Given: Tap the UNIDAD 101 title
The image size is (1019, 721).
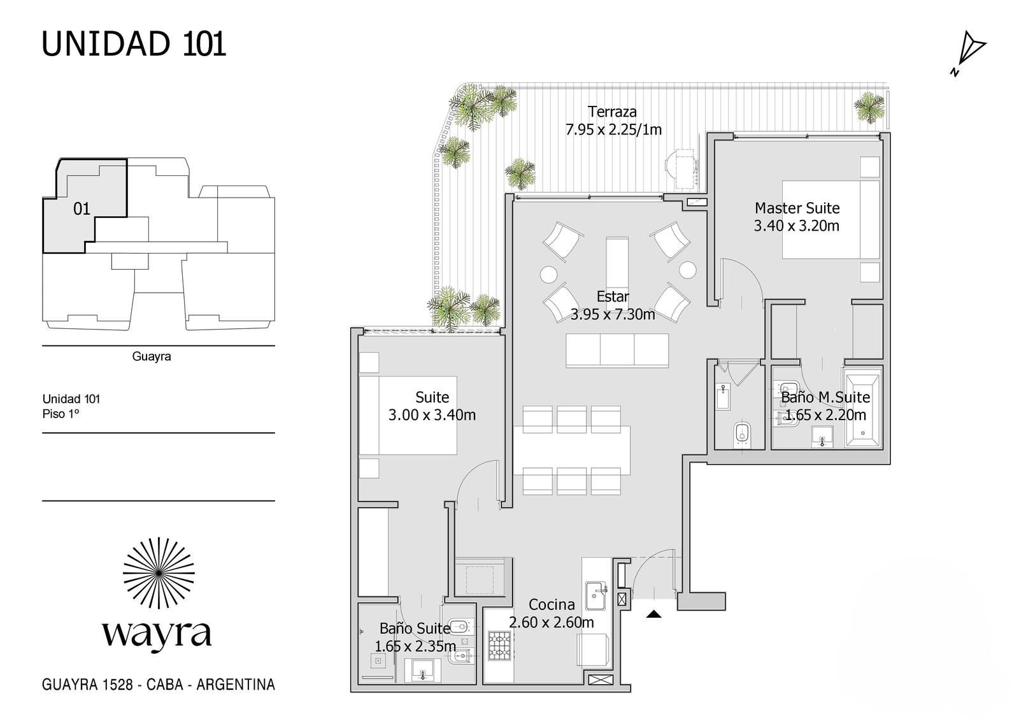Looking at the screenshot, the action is click(x=134, y=44).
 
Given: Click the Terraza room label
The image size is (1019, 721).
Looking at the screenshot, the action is click(x=612, y=112).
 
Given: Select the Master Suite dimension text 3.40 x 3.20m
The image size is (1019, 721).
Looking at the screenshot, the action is click(x=797, y=226).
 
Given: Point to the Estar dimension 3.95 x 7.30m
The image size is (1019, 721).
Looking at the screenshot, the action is click(x=613, y=314).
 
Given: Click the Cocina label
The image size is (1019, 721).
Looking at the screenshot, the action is click(x=552, y=604).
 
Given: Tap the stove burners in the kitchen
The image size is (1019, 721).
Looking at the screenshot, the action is click(x=501, y=645).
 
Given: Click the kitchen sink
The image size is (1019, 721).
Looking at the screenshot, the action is click(x=595, y=595).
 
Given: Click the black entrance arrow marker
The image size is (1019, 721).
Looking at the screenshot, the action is click(x=653, y=614).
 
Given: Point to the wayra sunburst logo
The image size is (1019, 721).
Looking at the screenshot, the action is click(x=159, y=573).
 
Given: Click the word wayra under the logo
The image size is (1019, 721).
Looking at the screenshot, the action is click(x=157, y=634).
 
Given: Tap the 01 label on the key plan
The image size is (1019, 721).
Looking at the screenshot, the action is click(x=82, y=209).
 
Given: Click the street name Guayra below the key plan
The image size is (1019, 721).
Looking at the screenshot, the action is click(x=152, y=356).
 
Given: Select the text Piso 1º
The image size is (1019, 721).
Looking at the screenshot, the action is click(x=61, y=414).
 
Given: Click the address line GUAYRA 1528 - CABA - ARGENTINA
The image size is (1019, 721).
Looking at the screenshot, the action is click(x=159, y=685).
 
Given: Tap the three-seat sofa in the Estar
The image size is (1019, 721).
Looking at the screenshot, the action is click(x=617, y=350).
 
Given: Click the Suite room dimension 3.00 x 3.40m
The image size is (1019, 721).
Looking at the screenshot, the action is click(x=432, y=415).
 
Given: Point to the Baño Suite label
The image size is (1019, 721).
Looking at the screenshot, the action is click(x=415, y=629).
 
